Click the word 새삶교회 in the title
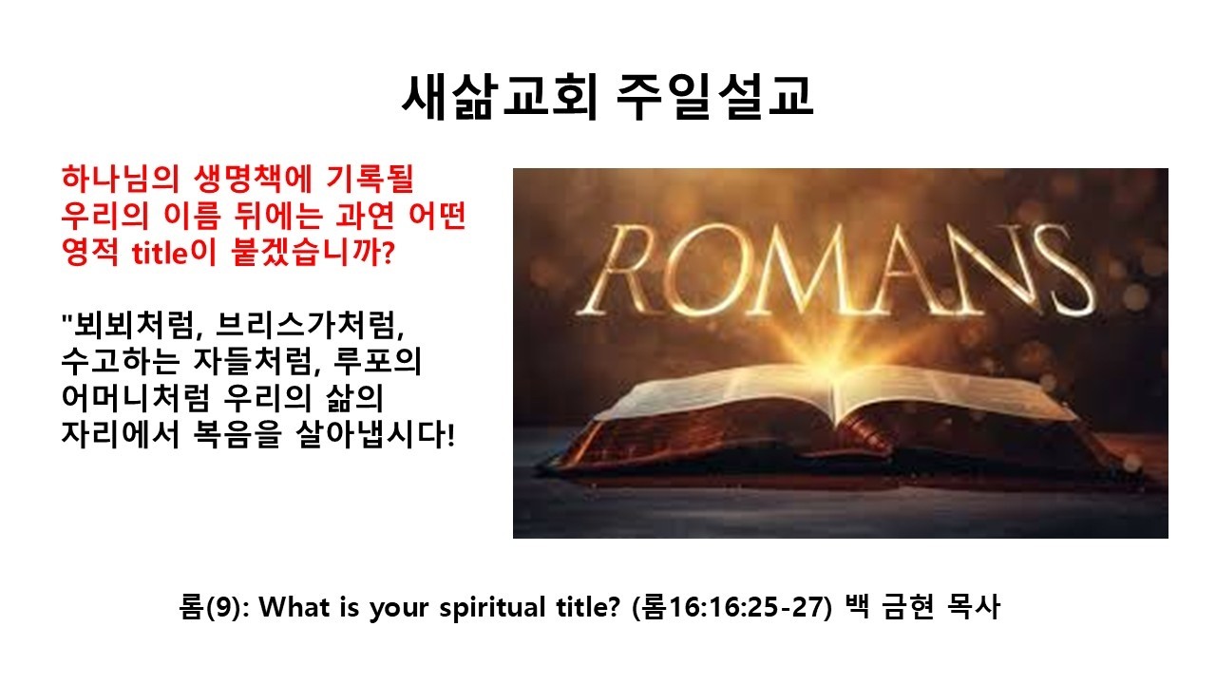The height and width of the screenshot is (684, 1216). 500,97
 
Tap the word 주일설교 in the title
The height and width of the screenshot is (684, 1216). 714,97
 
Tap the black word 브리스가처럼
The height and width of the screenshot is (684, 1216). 310,325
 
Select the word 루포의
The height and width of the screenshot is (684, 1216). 377,362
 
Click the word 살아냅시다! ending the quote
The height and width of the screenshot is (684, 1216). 375,434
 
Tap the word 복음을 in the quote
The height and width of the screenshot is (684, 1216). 237,434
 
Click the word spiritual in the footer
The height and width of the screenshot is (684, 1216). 492,607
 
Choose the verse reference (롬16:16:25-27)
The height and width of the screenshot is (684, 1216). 731,607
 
